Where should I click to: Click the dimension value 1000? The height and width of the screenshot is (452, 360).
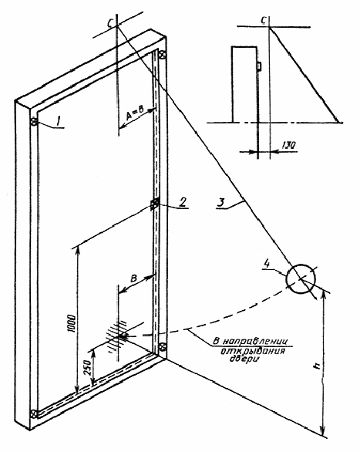pos(72,324)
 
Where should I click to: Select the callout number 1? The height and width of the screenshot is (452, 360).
pos(58,122)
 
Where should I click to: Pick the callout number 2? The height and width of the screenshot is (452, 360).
pos(182,202)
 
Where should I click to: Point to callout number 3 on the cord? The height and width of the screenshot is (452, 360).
pos(221,203)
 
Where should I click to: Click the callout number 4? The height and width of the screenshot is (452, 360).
pos(267,265)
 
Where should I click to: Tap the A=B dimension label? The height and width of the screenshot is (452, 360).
pos(135,114)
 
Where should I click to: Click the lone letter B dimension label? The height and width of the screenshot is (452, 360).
pos(133,278)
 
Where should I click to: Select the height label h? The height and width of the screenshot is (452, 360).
pos(317,366)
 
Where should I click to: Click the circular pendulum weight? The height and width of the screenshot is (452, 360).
pos(301,278)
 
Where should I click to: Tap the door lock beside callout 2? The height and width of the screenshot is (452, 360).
pos(154,204)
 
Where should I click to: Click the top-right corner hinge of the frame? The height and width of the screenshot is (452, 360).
pos(163,55)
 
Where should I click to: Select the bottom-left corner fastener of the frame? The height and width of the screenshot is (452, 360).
pos(34,414)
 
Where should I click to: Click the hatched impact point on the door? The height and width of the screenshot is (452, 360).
pos(117,336)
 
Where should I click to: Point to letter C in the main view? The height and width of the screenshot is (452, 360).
pos(110,24)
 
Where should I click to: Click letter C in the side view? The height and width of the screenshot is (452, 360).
pos(264,20)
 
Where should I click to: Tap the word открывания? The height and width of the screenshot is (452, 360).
pos(253,351)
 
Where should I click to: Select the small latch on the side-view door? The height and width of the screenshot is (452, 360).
pos(259,66)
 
